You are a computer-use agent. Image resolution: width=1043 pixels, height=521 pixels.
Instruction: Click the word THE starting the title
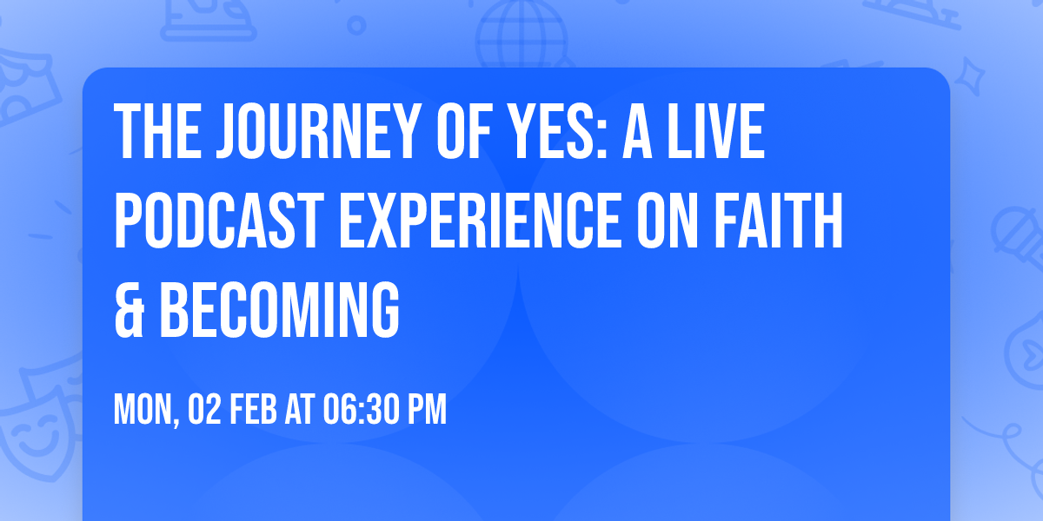[154, 131]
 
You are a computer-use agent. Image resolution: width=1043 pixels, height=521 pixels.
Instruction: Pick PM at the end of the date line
[427, 410]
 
